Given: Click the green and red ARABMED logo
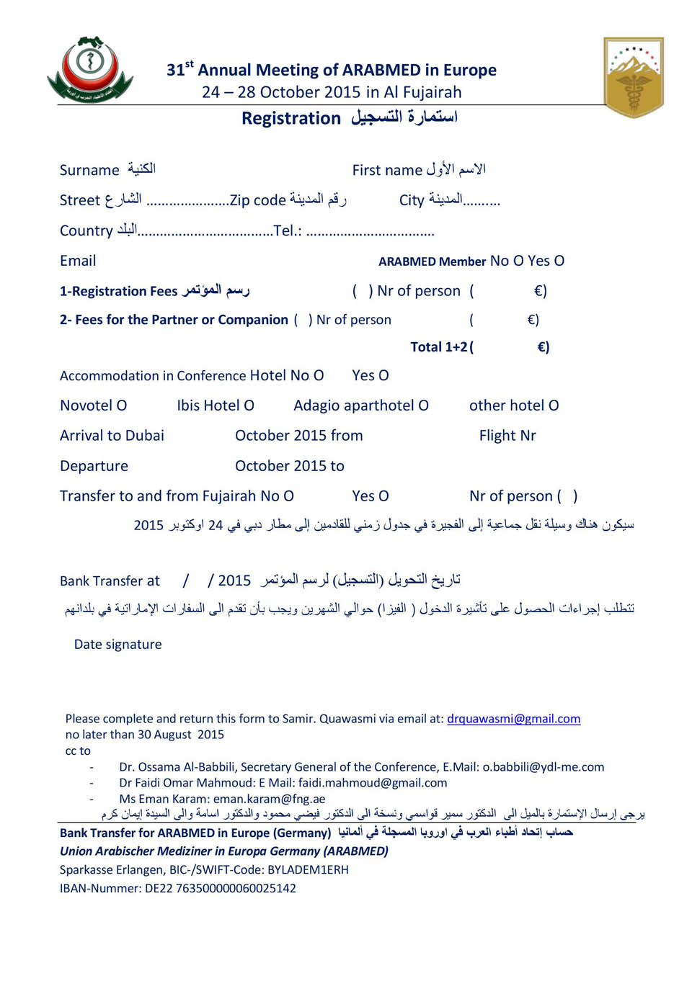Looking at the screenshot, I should [x=90, y=71].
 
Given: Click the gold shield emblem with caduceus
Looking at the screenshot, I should [x=634, y=76].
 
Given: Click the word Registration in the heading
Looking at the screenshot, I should [x=290, y=118].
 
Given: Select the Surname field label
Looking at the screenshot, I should [x=89, y=170].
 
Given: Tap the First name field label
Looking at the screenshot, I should [x=387, y=170].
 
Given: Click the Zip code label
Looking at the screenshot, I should [x=257, y=200].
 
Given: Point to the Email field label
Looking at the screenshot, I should [x=78, y=261].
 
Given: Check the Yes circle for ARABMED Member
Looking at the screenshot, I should [x=559, y=261].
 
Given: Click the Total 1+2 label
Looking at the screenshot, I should [x=439, y=347].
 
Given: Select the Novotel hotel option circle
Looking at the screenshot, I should [x=122, y=406].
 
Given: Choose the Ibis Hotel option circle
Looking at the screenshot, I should [x=249, y=406].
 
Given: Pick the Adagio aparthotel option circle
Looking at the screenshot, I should [x=424, y=406].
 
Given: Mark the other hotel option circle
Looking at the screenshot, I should [x=554, y=406].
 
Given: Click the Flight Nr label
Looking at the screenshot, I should [x=507, y=436].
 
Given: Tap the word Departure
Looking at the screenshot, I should [x=94, y=466].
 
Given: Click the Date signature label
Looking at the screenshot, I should [x=118, y=645].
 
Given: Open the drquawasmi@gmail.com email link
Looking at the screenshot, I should [x=513, y=719].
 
